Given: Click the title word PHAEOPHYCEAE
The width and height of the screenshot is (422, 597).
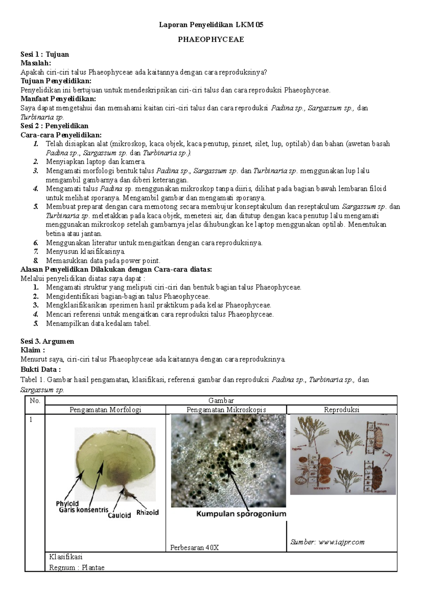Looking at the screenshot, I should coord(211,39).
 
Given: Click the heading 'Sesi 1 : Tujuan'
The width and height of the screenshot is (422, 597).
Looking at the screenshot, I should coord(45,54).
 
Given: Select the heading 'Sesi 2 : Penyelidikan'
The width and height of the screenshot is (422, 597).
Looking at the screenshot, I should coord(55,126).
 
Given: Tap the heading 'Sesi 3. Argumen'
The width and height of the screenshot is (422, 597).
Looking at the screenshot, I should coord(47,341).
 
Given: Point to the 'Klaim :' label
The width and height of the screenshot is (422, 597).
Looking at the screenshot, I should coord(33,350).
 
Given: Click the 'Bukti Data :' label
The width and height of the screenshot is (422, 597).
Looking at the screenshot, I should coord(40,370).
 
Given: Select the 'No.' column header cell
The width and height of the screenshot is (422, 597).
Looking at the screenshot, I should coord(35,400).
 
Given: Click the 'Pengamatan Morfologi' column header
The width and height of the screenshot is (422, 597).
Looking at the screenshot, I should coord(105,410).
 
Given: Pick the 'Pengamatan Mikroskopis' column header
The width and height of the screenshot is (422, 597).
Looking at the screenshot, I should coord(226,410).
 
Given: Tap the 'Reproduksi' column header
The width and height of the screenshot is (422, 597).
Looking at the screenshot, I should coord(341,410).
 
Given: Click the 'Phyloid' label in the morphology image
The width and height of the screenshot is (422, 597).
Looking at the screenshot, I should coord(67,503).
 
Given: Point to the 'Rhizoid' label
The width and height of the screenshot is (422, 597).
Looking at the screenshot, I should coord(147,512).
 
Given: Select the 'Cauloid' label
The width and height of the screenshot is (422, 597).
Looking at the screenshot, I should coord(119,515).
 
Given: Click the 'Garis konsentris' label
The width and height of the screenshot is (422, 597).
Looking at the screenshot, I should coord(84,509).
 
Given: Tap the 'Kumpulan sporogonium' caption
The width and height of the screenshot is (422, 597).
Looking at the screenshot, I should coord(241,514).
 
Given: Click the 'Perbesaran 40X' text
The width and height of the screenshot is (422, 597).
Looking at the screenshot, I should coord(194,547).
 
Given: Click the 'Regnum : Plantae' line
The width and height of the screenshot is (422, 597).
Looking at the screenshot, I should coord(77,567).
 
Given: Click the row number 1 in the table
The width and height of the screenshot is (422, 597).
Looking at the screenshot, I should coord(31,419).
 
